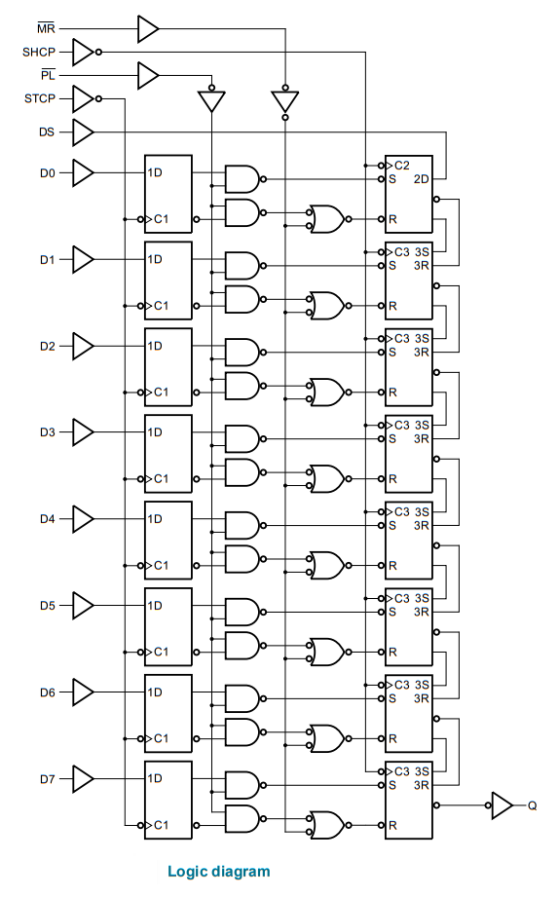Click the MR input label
46,28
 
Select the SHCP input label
39,53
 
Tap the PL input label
48,75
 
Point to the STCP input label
40,98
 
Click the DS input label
47,132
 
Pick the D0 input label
48,173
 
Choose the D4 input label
48,519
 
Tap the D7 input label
48,779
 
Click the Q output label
532,805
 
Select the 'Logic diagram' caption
219,872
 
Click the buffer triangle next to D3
83,432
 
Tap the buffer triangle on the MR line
148,28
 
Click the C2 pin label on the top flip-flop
402,166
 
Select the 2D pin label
421,179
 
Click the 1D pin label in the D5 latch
155,606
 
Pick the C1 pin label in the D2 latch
161,393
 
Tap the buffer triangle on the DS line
83,132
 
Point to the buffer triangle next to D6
83,692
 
